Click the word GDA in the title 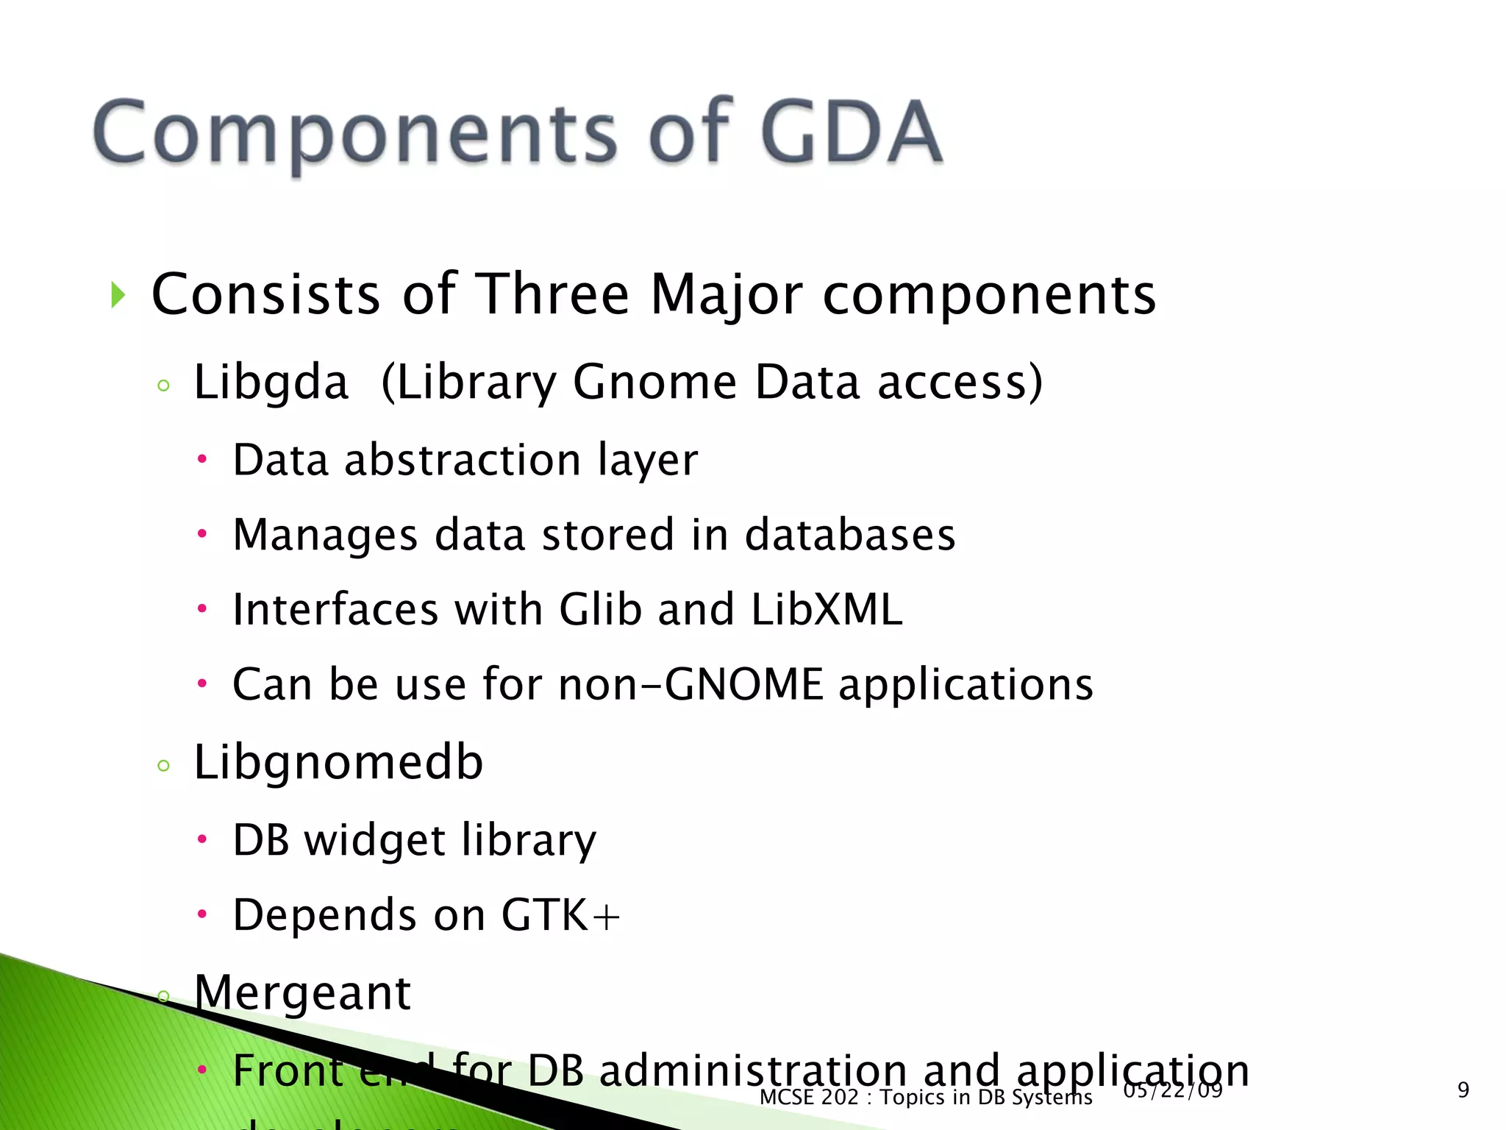click(852, 132)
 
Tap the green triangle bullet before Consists click(118, 295)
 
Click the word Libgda click(271, 383)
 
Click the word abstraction click(463, 461)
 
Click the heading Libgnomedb click(338, 762)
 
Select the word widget click(375, 840)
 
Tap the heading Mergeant click(301, 992)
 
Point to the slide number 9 click(1463, 1090)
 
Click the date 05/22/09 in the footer click(1172, 1090)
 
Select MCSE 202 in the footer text click(808, 1097)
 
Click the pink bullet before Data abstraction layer click(202, 461)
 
